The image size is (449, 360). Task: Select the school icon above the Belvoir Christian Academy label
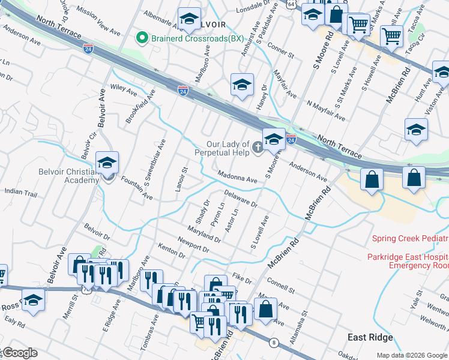[107, 163]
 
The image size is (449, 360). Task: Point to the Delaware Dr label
[241, 199]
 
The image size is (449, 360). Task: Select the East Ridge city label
[372, 338]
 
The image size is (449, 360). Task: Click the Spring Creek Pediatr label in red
[409, 238]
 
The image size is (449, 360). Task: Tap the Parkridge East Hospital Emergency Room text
[408, 261]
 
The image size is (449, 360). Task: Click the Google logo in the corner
[19, 353]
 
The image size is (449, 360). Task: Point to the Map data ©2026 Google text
[412, 355]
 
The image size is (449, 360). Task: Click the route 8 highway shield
[274, 342]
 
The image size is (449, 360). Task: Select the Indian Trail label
[20, 193]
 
